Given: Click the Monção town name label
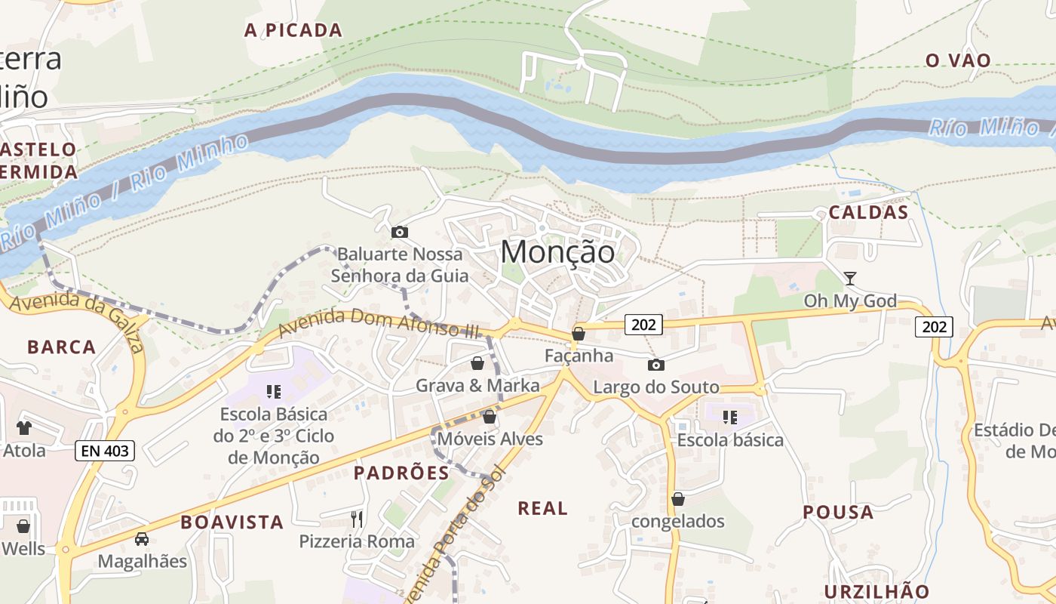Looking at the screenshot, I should click(x=557, y=251).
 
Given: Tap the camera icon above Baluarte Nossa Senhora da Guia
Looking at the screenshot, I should click(x=400, y=232).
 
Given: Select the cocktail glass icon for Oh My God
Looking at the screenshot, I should click(x=850, y=279).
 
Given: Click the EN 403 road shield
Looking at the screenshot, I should click(x=105, y=451).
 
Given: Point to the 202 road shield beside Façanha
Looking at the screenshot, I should click(x=643, y=325).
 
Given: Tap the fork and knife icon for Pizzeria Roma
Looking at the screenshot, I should click(x=357, y=519).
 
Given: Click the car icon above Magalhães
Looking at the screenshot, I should click(x=142, y=538).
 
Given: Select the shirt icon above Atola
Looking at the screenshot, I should click(x=24, y=427).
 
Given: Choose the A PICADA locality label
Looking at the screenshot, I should click(x=293, y=30).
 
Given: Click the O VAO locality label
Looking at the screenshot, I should click(x=958, y=60).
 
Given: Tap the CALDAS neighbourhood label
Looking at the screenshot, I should click(x=868, y=212).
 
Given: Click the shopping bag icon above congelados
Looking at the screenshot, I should click(x=678, y=499).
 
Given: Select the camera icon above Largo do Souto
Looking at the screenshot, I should click(x=656, y=365).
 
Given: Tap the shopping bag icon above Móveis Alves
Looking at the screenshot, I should click(x=490, y=417).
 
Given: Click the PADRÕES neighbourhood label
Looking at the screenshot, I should click(x=401, y=473).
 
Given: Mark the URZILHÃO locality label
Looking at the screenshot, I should click(x=876, y=591).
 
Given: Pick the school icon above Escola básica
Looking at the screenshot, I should click(x=729, y=417).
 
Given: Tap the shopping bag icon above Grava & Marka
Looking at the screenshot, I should click(x=477, y=364).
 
